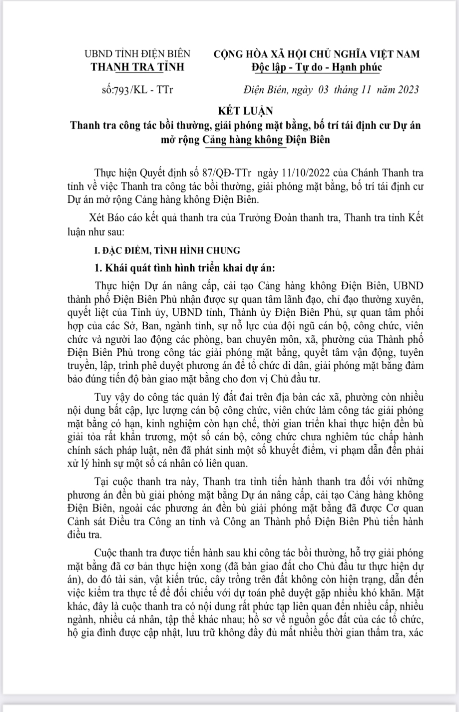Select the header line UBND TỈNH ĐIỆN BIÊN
click(x=140, y=54)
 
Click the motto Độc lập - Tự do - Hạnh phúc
click(x=317, y=67)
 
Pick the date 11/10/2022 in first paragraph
click(x=322, y=174)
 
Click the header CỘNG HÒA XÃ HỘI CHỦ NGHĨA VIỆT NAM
click(x=317, y=54)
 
